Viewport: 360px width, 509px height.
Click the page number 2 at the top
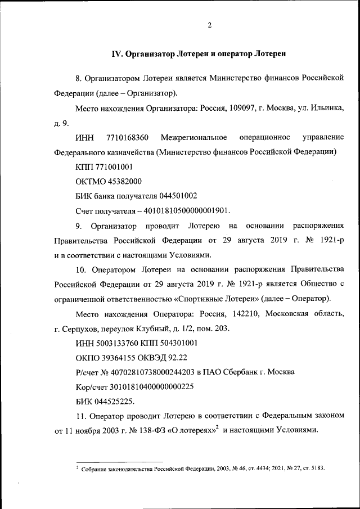(x=209, y=25)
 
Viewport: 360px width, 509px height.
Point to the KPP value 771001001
(x=115, y=167)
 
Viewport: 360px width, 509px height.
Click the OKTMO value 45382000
(x=122, y=182)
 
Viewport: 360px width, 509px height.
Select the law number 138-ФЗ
(x=148, y=431)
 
